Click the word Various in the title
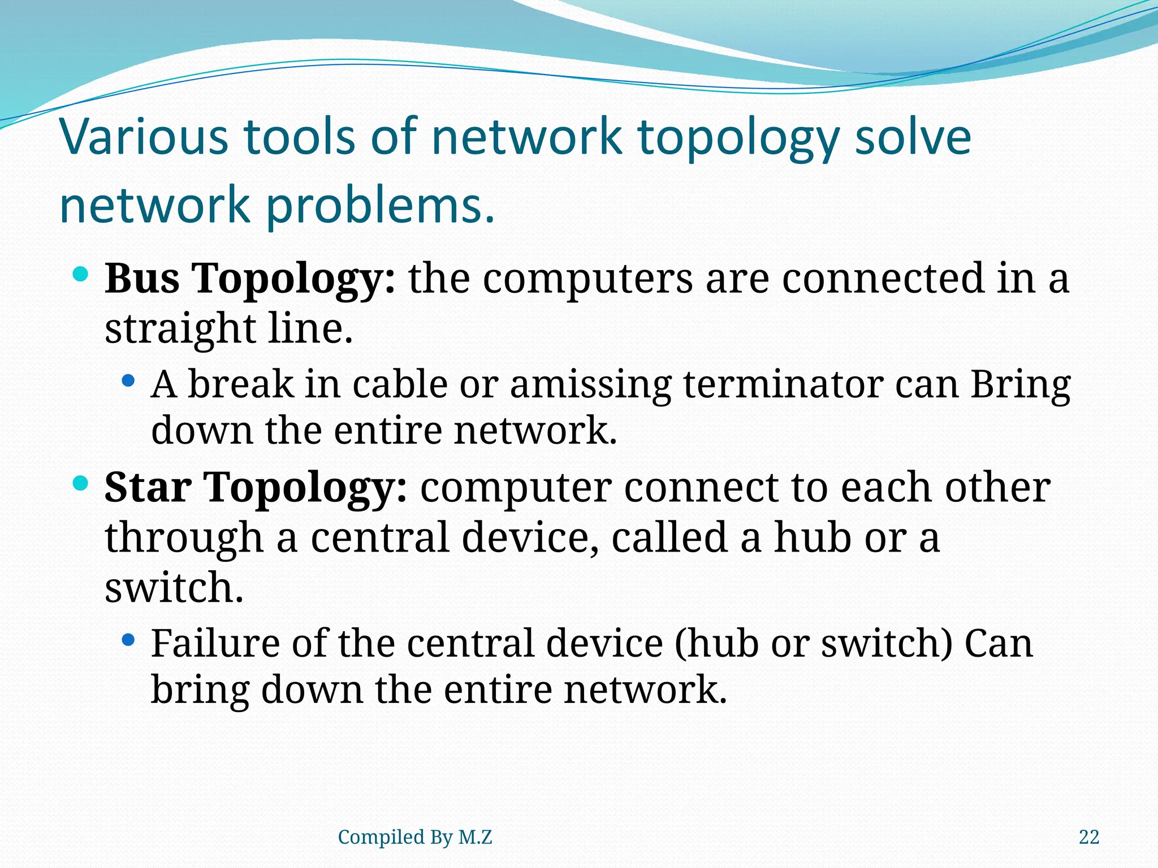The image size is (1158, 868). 144,137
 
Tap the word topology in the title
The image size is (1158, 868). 736,138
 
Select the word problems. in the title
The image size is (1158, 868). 380,206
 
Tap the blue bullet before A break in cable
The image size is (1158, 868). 129,381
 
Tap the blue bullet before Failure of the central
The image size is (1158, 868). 129,640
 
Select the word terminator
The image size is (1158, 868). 783,384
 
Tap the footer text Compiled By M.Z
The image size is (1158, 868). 414,837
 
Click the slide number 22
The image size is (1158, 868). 1088,837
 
